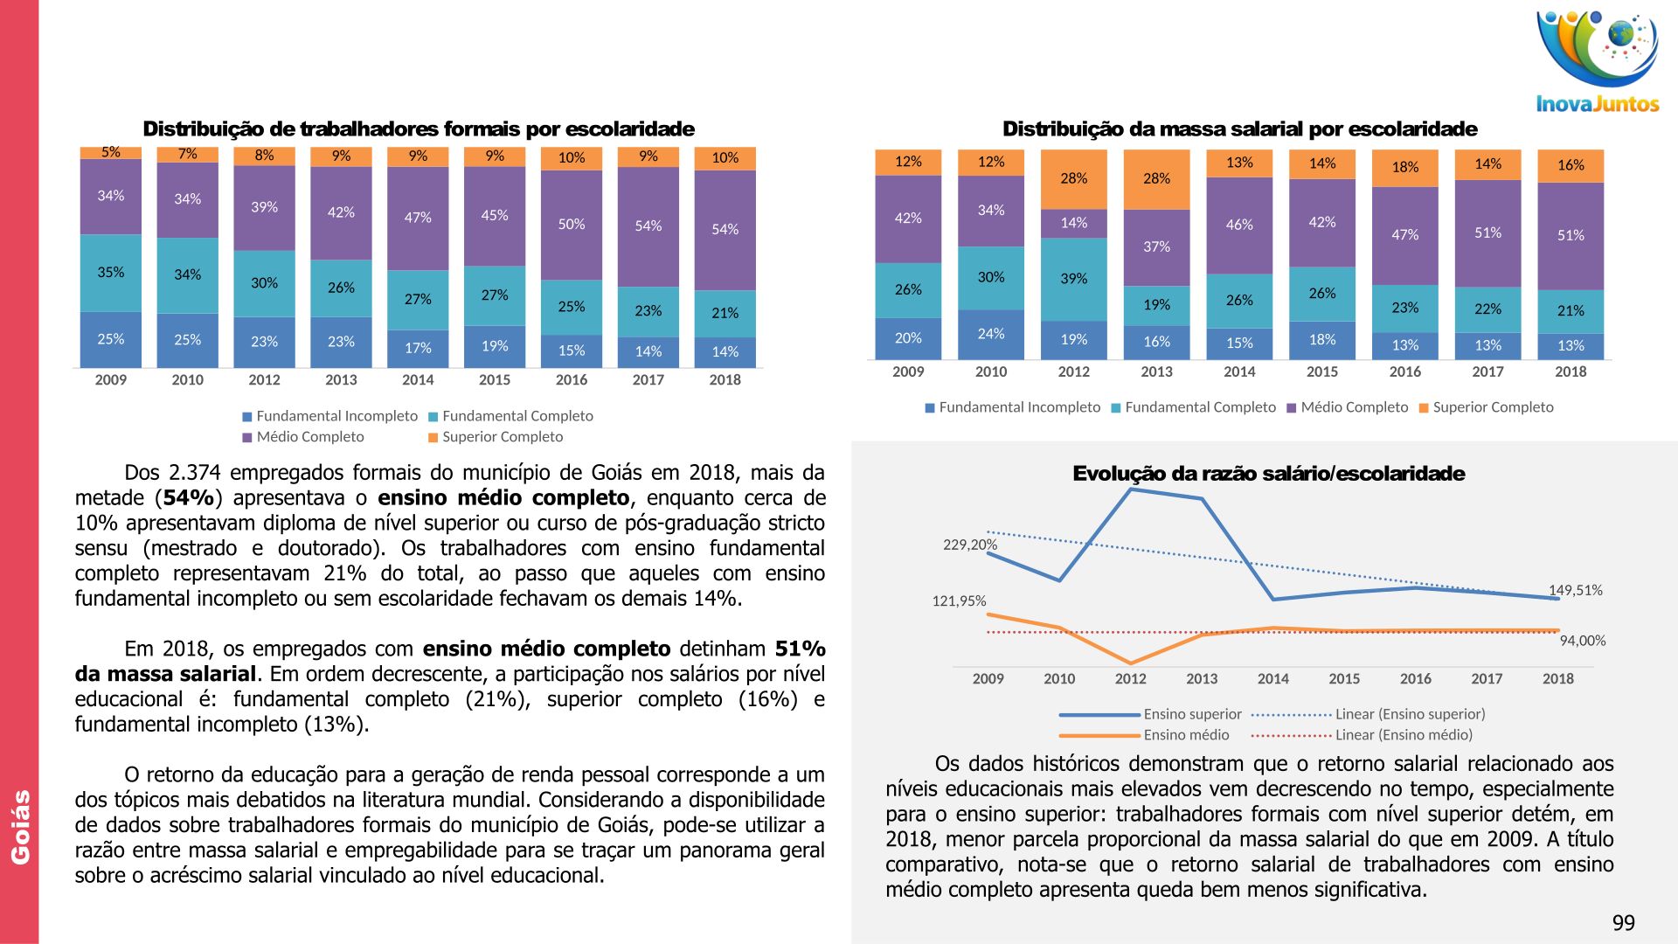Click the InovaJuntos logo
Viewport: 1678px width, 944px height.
tap(1597, 61)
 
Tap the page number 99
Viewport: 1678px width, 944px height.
tap(1623, 923)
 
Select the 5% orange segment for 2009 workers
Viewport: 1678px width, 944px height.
tap(111, 153)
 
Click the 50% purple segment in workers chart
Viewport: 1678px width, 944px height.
tap(572, 225)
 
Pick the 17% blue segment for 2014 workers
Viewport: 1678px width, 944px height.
tap(418, 348)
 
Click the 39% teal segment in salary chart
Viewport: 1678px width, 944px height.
tap(1073, 279)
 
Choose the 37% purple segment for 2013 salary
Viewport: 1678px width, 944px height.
tap(1156, 247)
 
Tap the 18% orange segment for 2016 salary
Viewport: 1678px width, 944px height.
tap(1404, 168)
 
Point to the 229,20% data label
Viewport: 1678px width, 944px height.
tap(969, 545)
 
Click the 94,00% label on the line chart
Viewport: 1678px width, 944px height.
tap(1583, 641)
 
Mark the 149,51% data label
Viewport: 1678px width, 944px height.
tap(1576, 590)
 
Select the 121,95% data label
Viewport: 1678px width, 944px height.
tap(959, 601)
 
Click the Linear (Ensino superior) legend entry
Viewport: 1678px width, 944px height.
tap(1410, 714)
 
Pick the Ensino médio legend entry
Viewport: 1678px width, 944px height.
tap(1186, 735)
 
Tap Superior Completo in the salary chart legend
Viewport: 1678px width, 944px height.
tap(1493, 407)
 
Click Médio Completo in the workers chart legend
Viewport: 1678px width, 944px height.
tap(309, 437)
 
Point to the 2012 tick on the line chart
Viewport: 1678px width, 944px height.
tap(1130, 678)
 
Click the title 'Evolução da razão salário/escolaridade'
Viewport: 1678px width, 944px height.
tap(1268, 474)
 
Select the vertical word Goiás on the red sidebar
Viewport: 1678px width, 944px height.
tap(20, 827)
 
